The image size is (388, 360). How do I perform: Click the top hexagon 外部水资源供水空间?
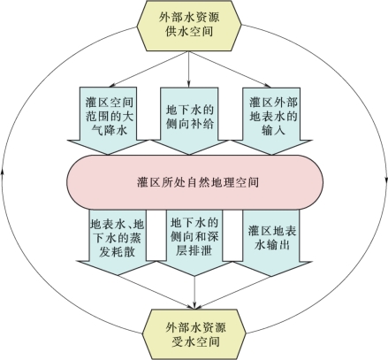click(189, 26)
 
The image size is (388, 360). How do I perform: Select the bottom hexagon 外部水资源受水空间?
click(194, 334)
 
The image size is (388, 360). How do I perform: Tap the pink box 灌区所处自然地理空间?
click(194, 182)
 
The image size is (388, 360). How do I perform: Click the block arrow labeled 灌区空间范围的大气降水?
click(108, 120)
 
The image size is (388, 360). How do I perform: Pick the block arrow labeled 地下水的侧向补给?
click(189, 120)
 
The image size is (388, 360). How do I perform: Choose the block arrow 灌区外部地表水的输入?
click(271, 120)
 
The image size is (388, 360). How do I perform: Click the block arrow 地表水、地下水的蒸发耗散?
click(118, 242)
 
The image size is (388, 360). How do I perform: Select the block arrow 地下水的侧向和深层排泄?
click(194, 242)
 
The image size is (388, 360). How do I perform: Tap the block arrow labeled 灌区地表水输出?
click(271, 242)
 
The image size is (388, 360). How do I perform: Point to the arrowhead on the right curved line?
click(385, 180)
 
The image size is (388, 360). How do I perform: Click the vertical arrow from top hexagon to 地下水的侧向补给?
click(189, 69)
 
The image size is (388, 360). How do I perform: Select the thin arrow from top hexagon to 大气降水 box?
click(148, 69)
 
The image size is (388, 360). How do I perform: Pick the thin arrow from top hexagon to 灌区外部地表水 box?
click(229, 69)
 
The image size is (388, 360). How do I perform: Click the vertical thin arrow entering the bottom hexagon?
click(194, 293)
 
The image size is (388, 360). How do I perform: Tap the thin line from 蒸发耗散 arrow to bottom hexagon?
click(156, 292)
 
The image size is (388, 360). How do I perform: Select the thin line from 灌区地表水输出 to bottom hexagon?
click(232, 293)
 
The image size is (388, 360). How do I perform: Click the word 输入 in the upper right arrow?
click(273, 130)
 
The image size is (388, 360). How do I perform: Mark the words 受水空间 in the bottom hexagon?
click(195, 342)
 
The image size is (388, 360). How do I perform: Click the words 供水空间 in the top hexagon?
click(189, 32)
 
